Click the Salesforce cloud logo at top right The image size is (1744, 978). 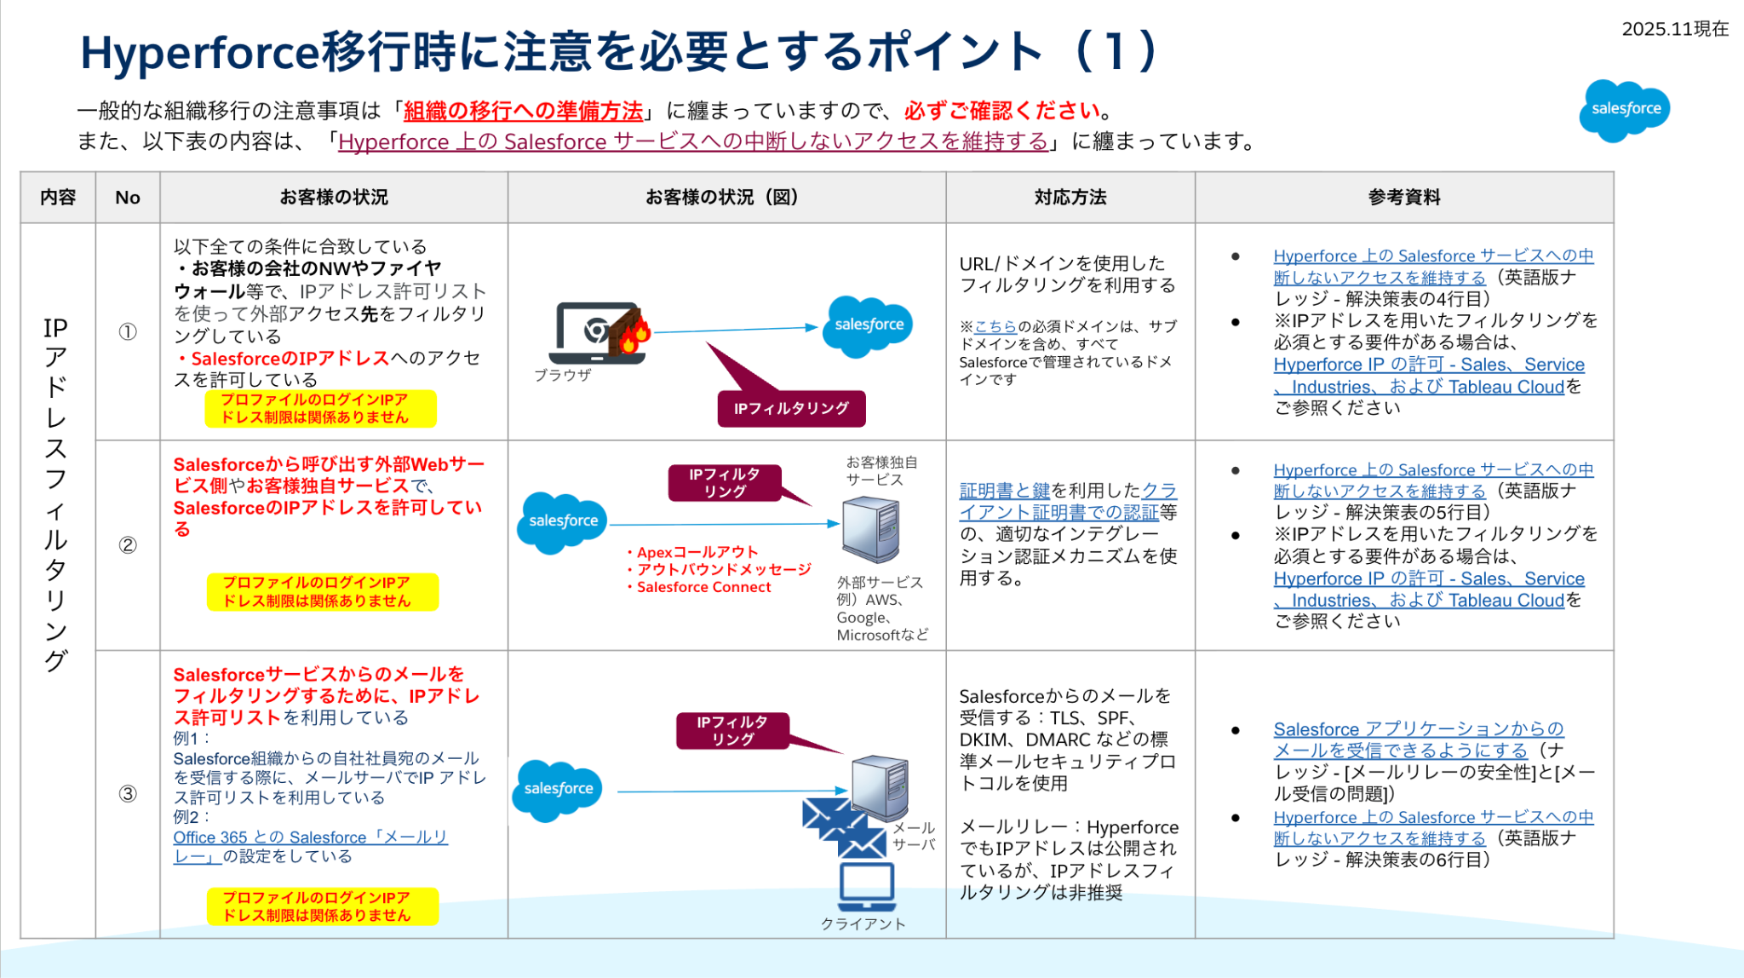[1624, 109]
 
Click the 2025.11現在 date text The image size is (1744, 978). [1674, 29]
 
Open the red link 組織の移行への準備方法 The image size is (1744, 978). [523, 111]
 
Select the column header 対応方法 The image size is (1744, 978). [1070, 198]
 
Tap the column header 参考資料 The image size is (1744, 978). [1404, 198]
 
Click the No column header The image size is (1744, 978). [128, 198]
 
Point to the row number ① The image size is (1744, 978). [128, 332]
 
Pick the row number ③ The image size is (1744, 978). [128, 794]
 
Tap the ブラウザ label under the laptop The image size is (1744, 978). [563, 375]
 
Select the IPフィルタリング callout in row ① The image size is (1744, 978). [791, 408]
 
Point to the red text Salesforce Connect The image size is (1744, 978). [703, 587]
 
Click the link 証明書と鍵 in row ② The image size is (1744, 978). [1004, 491]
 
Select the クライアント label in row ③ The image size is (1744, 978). [863, 924]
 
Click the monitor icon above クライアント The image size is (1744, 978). [867, 886]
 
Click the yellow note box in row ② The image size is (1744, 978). [323, 592]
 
